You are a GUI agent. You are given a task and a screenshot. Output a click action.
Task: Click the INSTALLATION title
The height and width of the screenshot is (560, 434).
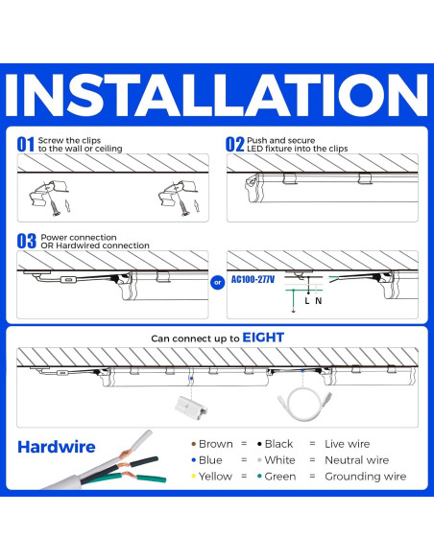coord(217,92)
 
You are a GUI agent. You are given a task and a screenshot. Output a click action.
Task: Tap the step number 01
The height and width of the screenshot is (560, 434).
coord(26,144)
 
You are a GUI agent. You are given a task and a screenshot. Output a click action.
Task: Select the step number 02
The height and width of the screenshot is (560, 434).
coord(235,144)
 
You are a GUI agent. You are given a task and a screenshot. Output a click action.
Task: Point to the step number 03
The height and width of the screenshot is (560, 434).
coord(26,242)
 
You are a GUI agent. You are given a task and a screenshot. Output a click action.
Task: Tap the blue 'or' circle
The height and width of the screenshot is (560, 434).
coord(216,282)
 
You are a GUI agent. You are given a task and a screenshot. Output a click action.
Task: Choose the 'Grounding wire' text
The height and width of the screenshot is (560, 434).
coord(365,477)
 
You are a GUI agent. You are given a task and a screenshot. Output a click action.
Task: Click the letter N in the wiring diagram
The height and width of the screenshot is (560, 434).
coord(320,301)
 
